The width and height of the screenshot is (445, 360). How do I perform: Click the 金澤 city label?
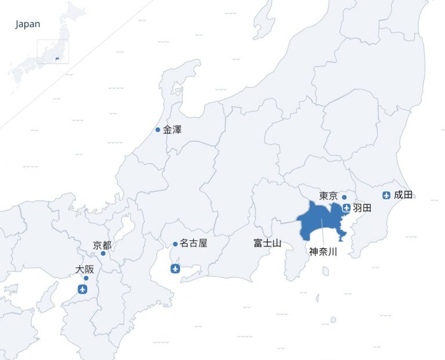tap(173, 130)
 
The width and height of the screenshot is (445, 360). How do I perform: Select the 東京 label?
tap(329, 196)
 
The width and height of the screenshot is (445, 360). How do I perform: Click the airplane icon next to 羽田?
tap(346, 208)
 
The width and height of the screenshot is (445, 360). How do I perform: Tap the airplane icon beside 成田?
tap(386, 195)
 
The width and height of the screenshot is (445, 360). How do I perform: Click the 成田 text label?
tap(403, 195)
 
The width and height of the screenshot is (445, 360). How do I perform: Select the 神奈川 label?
tap(323, 252)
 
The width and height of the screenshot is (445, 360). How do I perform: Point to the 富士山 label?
tap(267, 243)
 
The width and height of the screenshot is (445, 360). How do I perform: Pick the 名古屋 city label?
tap(193, 244)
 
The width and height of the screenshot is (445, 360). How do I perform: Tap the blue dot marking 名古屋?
tap(175, 244)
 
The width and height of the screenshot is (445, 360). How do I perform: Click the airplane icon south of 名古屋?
tap(176, 269)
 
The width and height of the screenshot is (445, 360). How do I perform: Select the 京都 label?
tap(102, 245)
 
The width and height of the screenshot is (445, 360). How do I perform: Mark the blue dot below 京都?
tap(103, 254)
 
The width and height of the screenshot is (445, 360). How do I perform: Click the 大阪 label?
tap(85, 269)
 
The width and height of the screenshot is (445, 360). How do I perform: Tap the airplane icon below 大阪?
tap(83, 289)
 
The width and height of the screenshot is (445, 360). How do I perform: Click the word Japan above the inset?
tap(28, 24)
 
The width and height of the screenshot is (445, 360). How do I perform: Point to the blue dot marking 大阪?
tap(86, 278)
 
